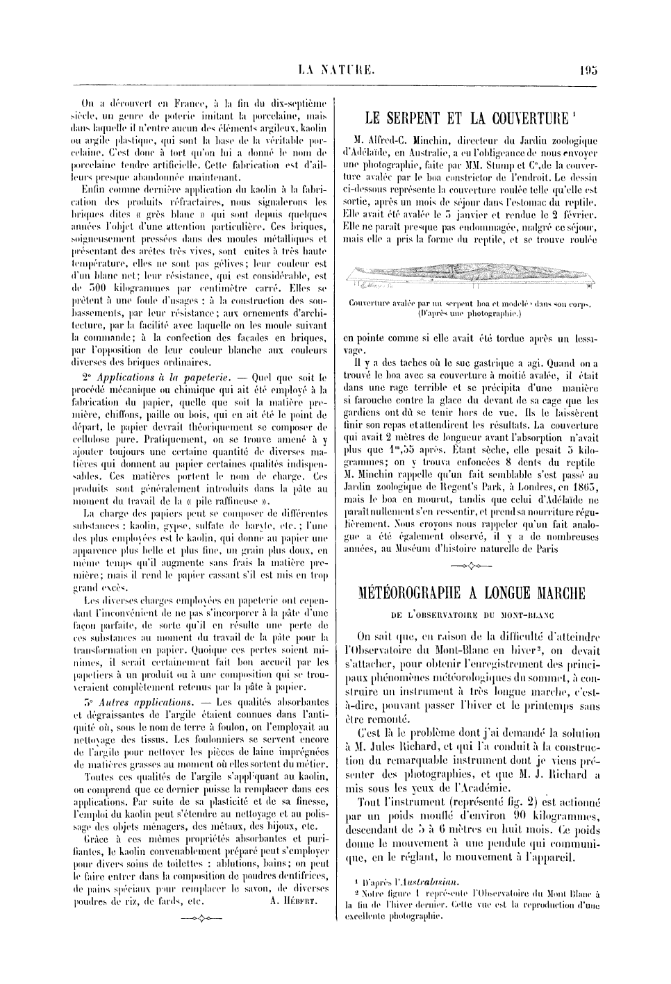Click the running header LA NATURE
[x=336, y=69]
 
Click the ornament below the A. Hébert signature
[x=197, y=919]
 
